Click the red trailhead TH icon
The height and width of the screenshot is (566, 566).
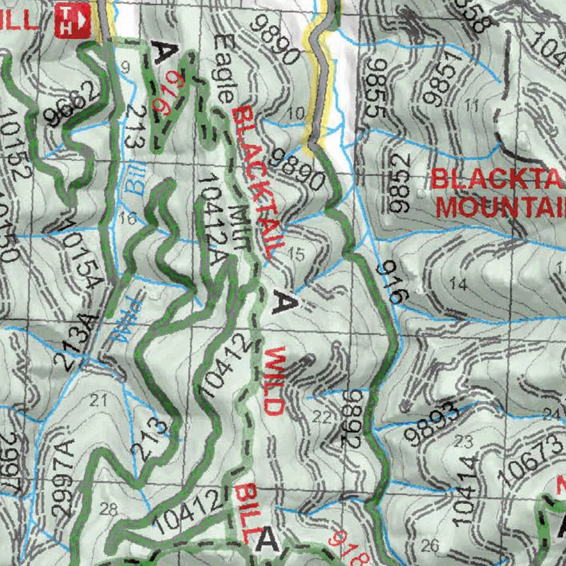click(x=72, y=20)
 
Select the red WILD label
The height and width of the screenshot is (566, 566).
click(x=274, y=381)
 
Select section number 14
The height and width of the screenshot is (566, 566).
click(x=458, y=285)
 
